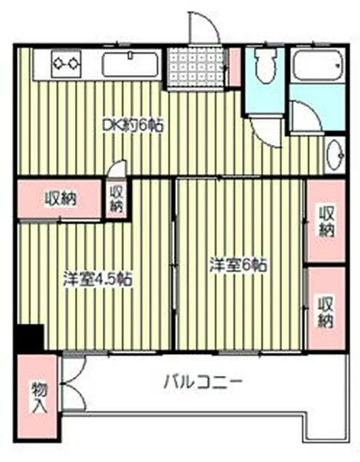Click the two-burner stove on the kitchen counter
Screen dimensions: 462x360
pos(66,62)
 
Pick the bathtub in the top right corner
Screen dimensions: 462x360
pos(318,66)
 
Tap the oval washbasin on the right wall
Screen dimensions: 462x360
pos(334,153)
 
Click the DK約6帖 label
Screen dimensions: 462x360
pos(133,125)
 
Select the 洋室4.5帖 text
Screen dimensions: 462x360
pos(97,279)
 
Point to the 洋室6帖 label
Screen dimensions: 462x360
pos(238,265)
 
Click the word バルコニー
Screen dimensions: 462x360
pos(203,381)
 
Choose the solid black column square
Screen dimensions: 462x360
pos(29,338)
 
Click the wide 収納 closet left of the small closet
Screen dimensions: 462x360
pos(60,199)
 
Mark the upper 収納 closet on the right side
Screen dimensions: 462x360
pos(325,221)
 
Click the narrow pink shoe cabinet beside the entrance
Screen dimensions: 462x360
pos(235,67)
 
